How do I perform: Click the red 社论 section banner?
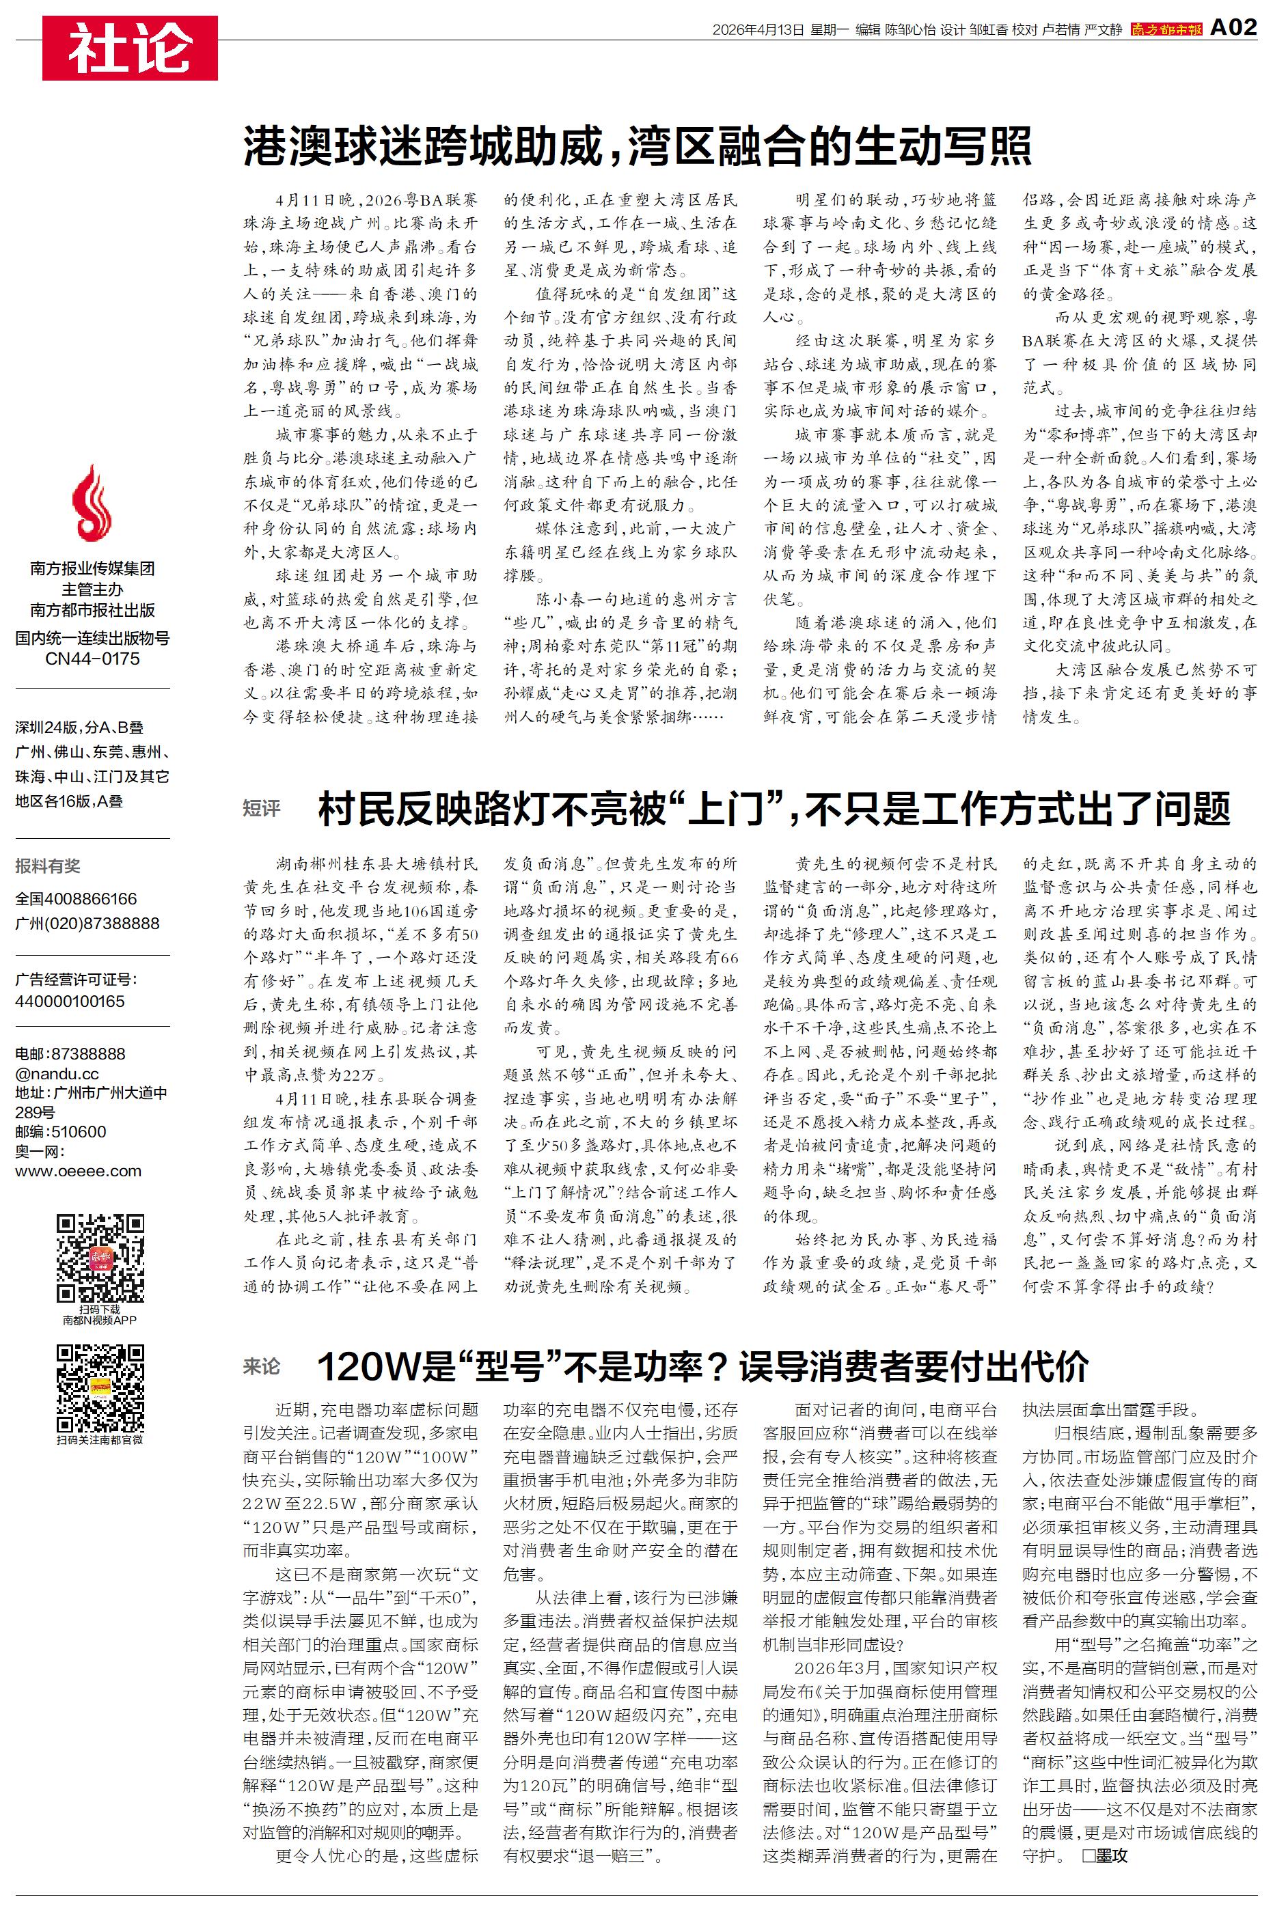click(130, 48)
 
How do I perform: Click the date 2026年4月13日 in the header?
click(758, 30)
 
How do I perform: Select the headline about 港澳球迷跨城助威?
click(638, 147)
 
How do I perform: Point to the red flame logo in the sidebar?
click(92, 503)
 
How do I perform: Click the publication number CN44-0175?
click(92, 659)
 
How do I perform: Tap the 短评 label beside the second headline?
click(262, 808)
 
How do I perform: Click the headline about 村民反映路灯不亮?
click(774, 809)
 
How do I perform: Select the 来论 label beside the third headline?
click(262, 1367)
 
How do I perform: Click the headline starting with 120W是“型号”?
click(702, 1367)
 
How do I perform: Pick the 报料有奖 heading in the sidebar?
click(48, 866)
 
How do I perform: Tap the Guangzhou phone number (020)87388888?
click(87, 924)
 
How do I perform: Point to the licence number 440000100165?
click(70, 1001)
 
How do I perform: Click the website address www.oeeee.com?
click(78, 1171)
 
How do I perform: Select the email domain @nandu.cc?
click(57, 1073)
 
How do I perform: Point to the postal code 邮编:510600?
click(60, 1132)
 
